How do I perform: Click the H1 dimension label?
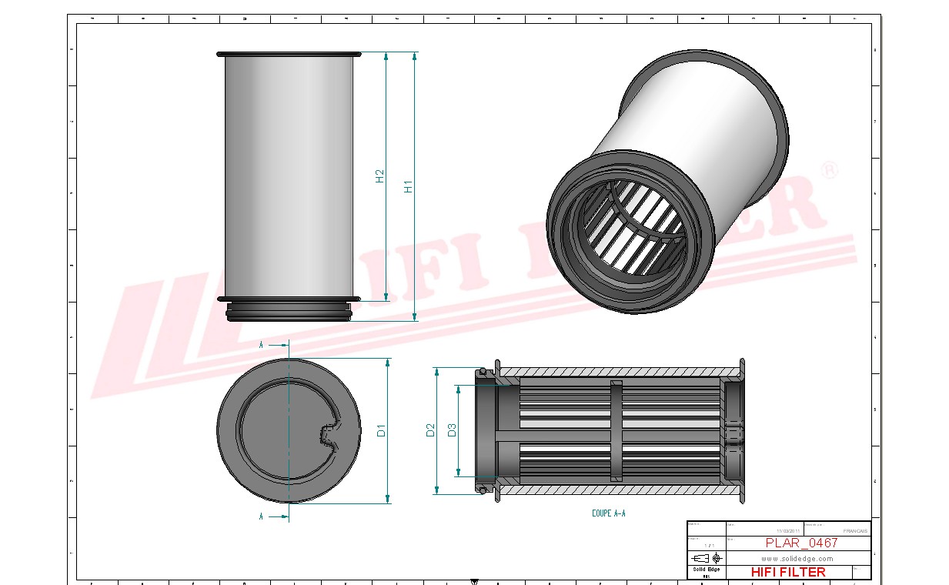coord(409,186)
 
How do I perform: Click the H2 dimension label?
coord(379,176)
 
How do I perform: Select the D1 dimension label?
coord(381,431)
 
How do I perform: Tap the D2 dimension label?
coord(430,430)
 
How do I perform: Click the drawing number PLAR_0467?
coord(801,543)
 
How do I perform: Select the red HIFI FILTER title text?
coord(787,572)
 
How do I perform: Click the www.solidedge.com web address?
coord(797,559)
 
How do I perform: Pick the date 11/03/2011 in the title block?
coord(788,531)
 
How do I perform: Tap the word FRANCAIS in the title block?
coord(854,531)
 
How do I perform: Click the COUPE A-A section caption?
coord(608,513)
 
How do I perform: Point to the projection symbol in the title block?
coord(707,558)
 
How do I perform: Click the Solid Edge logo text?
coord(706,570)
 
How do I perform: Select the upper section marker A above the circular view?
coord(262,346)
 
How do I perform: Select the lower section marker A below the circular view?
coord(262,516)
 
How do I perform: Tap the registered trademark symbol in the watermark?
coord(829,171)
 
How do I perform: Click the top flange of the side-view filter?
coord(289,55)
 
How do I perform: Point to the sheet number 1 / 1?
coord(707,545)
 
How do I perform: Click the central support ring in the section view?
coord(615,431)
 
